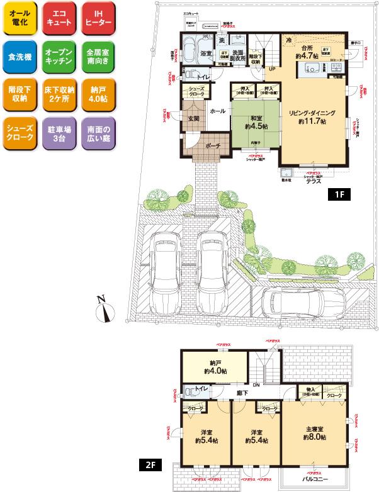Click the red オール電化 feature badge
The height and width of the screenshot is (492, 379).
[x=21, y=18]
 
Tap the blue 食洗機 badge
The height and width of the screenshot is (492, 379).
[x=21, y=57]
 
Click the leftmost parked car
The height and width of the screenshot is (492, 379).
[x=162, y=268]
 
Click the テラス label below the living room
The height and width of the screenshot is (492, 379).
[x=314, y=181]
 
